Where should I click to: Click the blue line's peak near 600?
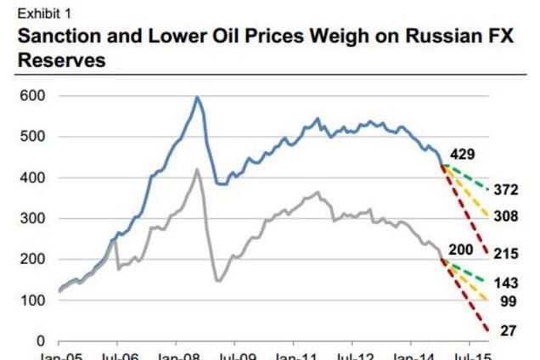(x=197, y=98)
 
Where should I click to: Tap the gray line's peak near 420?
(x=197, y=170)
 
